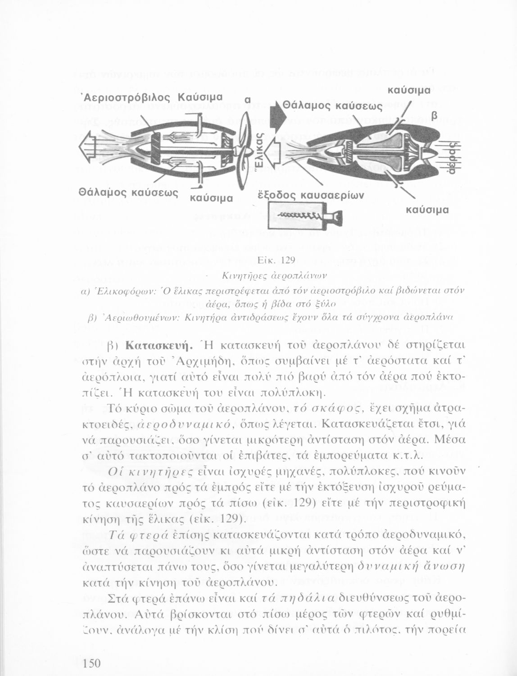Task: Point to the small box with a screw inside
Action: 306,218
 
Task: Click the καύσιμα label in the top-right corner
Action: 409,90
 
